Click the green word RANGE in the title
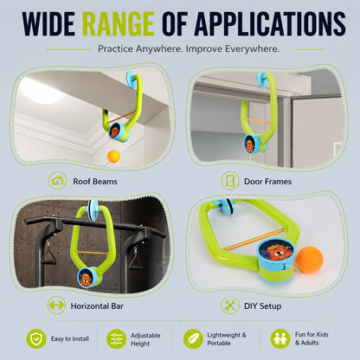tap(119, 24)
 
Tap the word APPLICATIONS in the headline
tap(270, 24)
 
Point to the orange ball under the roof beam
tap(113, 157)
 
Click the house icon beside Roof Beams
tap(57, 181)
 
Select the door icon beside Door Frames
tap(230, 181)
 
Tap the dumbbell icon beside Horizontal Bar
tap(56, 305)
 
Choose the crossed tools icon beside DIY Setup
tap(230, 305)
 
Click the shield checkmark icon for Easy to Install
tap(36, 339)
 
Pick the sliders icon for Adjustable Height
tap(116, 339)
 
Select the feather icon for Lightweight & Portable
tap(193, 339)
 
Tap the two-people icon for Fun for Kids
tap(280, 339)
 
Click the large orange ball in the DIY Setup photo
tap(310, 260)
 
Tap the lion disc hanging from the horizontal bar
tap(86, 279)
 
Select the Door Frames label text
tap(267, 182)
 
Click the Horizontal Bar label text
tap(97, 306)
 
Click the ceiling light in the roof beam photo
tap(41, 93)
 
